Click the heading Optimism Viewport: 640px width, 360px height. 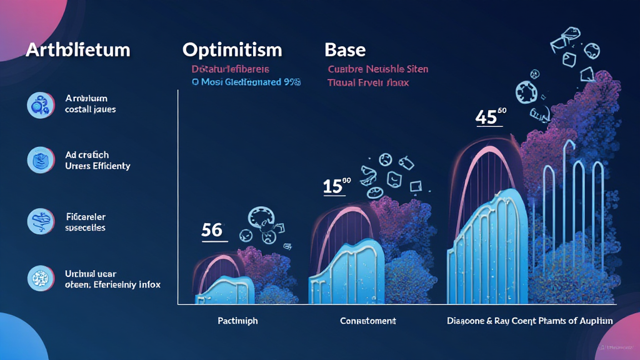[232, 50]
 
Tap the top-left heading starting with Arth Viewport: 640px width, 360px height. [78, 50]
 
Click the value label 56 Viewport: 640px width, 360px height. [212, 230]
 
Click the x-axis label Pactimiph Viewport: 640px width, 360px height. [238, 321]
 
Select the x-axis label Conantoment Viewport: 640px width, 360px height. [367, 321]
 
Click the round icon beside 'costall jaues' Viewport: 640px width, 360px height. [38, 105]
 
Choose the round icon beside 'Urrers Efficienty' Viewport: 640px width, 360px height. [38, 160]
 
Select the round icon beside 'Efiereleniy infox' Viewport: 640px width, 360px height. [38, 278]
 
